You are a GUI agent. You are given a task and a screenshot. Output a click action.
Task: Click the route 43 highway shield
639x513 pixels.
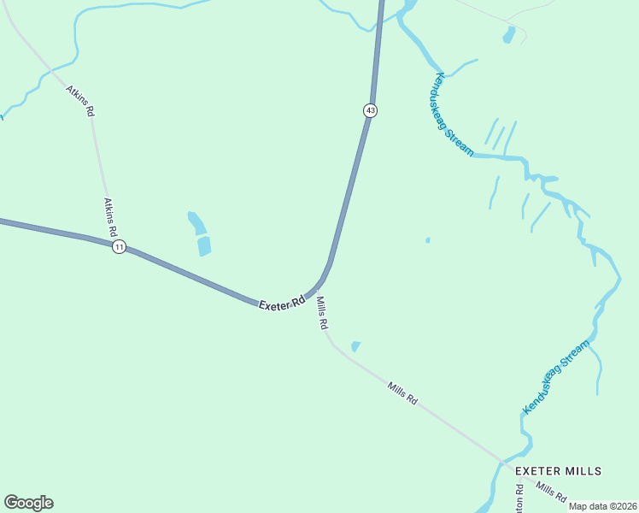click(x=369, y=110)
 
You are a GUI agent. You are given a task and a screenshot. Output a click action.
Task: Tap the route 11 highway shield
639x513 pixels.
click(x=119, y=246)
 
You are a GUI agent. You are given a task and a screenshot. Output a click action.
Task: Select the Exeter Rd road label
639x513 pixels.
click(x=283, y=302)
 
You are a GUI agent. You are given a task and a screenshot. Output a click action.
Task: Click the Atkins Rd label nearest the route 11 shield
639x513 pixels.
click(x=110, y=217)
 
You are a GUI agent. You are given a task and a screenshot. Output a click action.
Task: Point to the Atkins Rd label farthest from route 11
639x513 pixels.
click(x=80, y=100)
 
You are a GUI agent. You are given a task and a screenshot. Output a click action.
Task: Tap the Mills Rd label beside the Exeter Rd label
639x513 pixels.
click(x=322, y=314)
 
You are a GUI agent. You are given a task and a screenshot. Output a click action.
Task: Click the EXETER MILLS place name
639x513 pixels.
click(x=559, y=471)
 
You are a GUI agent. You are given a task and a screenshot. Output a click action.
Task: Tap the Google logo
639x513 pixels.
click(x=28, y=503)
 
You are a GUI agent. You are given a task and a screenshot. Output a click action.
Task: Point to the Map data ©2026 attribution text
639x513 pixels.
click(x=602, y=505)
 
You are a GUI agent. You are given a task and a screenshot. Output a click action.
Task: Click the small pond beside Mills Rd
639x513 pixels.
click(x=355, y=346)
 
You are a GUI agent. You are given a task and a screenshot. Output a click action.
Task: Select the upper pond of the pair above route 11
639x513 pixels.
click(x=196, y=223)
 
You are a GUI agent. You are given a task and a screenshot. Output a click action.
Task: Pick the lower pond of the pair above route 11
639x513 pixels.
click(x=204, y=246)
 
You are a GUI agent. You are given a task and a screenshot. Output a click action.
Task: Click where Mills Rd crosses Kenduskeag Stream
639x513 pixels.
click(x=501, y=463)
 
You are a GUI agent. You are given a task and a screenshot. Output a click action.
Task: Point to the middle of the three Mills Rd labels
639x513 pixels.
click(x=402, y=393)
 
